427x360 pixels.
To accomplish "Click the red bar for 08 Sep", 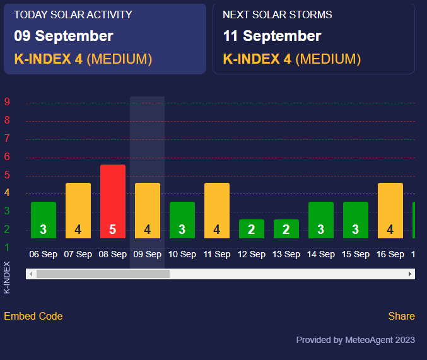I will pos(113,201).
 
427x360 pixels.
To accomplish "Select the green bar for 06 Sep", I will pos(44,220).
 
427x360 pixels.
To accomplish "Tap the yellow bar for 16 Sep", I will pos(390,211).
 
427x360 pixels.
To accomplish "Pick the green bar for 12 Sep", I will pos(252,229).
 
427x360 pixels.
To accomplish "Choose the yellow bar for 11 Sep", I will pos(217,211).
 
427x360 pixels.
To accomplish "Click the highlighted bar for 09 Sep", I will pos(148,211).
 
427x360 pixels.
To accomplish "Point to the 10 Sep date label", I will pos(182,255).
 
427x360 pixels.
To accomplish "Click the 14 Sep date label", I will pos(321,255).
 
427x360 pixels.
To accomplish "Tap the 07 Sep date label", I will pos(78,255).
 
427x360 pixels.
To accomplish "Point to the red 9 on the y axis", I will pos(7,102).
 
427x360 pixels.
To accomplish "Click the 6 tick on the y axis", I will pos(7,157).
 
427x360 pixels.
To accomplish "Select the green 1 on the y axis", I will pos(7,247).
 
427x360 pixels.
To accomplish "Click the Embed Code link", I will pos(33,316).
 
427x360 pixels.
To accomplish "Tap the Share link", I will pos(401,316).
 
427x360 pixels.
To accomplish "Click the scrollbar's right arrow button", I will pos(410,274).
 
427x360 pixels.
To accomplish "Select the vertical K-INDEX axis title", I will pos(7,277).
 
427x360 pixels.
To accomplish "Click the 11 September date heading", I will pos(272,36).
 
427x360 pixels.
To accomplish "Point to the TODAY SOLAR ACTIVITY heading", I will pos(73,15).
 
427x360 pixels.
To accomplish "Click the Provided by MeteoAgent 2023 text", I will pos(356,340).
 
